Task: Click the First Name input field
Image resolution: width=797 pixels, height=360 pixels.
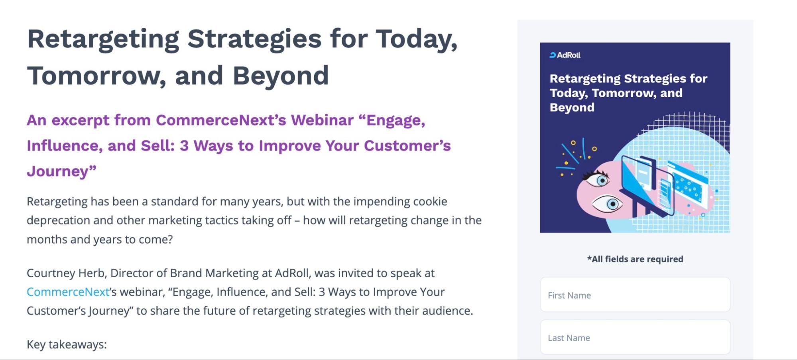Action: pos(635,295)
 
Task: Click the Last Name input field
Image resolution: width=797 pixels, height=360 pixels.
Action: pos(635,337)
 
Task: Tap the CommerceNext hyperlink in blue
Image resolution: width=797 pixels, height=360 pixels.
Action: pos(68,292)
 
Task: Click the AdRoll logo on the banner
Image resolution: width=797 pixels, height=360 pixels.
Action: pos(565,55)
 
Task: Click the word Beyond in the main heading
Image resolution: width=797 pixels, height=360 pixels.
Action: pos(281,76)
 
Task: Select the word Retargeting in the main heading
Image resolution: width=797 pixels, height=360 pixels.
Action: pos(103,39)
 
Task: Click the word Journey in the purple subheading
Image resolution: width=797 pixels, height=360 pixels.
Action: pos(58,171)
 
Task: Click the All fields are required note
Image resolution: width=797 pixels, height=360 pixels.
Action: pos(635,259)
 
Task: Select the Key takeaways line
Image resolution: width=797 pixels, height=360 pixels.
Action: pos(67,344)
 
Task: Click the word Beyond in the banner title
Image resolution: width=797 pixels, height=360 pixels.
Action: pos(572,108)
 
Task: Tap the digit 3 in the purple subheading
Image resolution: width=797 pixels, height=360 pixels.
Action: pos(184,146)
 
